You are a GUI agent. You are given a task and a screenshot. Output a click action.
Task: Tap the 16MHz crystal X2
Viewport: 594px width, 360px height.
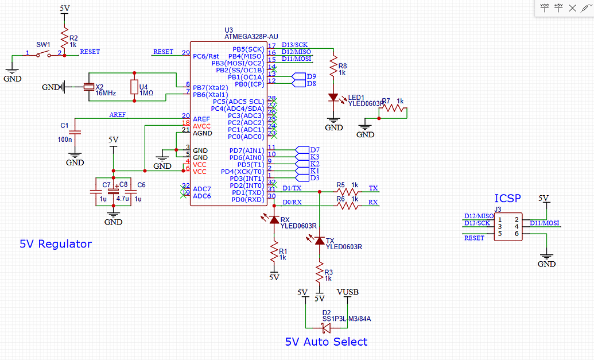88,87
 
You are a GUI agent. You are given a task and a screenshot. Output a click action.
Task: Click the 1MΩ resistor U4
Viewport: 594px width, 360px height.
134,87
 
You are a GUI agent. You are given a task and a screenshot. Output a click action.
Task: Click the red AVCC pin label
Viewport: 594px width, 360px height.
202,126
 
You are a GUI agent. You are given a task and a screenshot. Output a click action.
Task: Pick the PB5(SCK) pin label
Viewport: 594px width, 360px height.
248,49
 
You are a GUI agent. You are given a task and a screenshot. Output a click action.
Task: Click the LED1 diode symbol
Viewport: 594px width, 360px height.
333,98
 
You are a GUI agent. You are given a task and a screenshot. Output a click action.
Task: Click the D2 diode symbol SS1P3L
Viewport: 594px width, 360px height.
327,328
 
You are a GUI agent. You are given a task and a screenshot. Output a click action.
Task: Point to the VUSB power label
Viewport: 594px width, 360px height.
348,292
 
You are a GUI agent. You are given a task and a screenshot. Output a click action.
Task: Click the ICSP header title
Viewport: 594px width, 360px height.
507,199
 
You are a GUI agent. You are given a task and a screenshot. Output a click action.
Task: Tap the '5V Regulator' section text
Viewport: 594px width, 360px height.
56,244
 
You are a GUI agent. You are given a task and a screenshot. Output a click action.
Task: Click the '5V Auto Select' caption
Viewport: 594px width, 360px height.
326,342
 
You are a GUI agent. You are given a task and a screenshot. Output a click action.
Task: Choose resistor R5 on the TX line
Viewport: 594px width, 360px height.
348,191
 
